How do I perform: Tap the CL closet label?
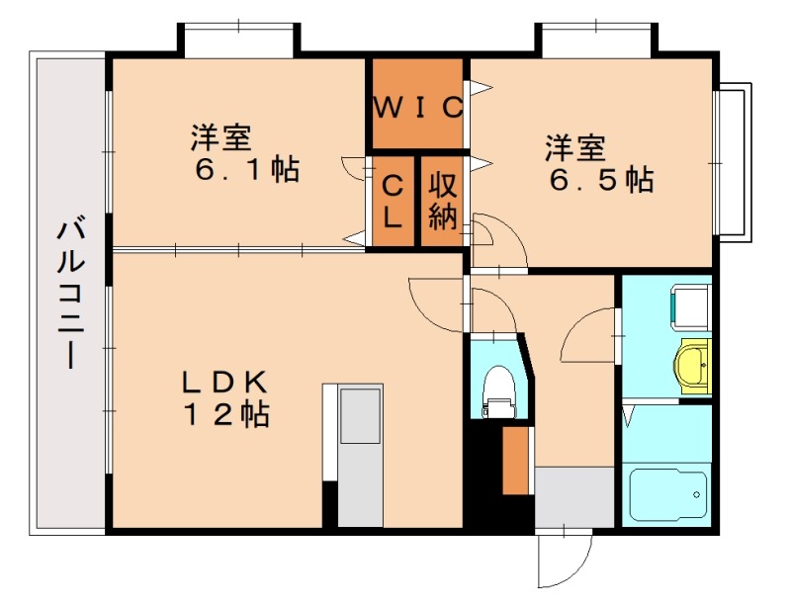[x=392, y=201]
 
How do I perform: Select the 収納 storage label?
[x=442, y=201]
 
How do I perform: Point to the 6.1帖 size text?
[x=247, y=170]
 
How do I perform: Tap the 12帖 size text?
[x=223, y=415]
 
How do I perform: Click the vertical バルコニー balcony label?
[x=69, y=295]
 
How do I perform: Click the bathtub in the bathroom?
[x=668, y=491]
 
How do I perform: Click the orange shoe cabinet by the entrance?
[x=515, y=460]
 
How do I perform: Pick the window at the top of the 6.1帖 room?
[x=237, y=40]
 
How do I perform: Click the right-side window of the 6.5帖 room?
[x=733, y=163]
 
